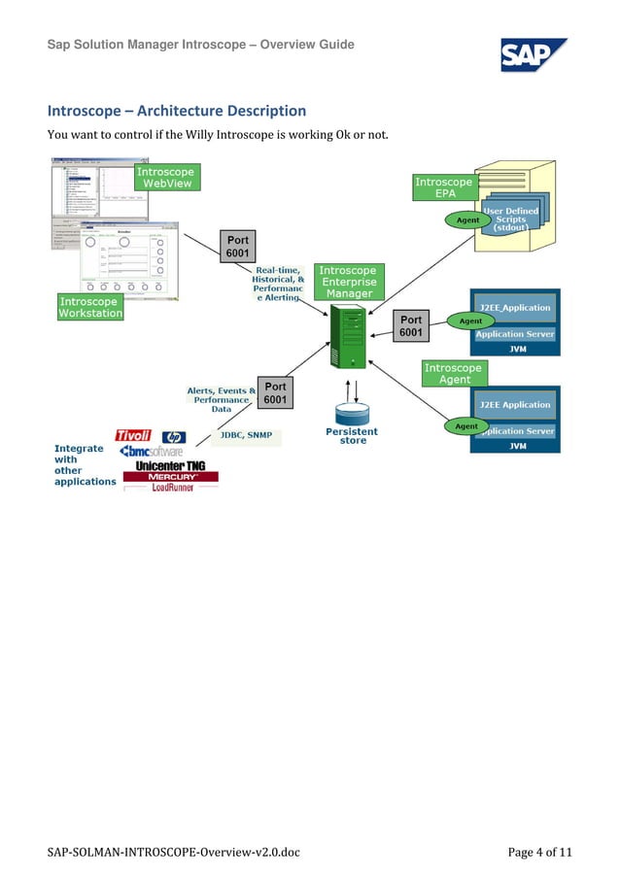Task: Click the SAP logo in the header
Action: pos(533,54)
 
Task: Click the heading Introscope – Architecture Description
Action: pos(177,111)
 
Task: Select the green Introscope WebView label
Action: pos(165,177)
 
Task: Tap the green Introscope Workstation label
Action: pos(90,308)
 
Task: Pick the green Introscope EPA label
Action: pos(444,187)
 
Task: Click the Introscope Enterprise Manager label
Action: pos(349,282)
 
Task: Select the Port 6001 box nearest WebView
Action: pos(238,247)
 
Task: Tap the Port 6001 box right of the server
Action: pos(411,326)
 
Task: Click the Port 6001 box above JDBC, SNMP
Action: pos(276,393)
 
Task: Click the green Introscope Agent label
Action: pos(454,374)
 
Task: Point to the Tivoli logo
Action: pos(134,435)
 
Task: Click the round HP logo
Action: pos(174,437)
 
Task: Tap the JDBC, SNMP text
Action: pos(244,436)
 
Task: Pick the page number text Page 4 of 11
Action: pos(540,853)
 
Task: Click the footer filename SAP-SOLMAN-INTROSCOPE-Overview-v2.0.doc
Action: pos(174,853)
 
